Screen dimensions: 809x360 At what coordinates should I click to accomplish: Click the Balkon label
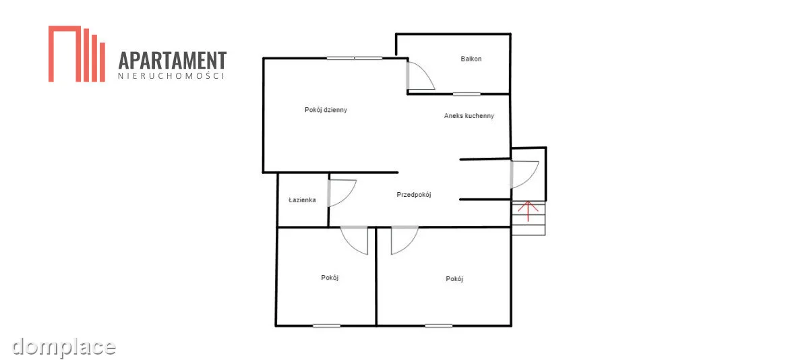tap(471, 59)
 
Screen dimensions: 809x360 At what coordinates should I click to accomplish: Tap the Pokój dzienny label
tap(326, 110)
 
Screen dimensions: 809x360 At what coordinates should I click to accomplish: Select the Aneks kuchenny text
tap(469, 116)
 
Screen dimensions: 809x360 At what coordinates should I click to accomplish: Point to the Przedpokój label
tap(414, 195)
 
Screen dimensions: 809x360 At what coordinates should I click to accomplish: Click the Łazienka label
tap(302, 200)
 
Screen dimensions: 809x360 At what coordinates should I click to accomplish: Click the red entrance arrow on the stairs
tap(528, 211)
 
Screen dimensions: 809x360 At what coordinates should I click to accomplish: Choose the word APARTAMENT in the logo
tap(173, 60)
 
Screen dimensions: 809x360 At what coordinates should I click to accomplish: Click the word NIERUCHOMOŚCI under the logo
tap(171, 76)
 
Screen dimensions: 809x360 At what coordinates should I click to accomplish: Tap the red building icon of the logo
tap(77, 54)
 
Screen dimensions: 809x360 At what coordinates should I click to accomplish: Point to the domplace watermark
tap(63, 348)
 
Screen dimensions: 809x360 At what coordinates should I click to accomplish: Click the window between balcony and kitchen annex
tap(467, 94)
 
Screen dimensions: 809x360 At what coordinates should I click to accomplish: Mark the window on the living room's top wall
tap(355, 58)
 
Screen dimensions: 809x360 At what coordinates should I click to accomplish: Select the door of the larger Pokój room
tap(404, 240)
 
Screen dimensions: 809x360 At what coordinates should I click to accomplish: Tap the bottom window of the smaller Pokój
tap(326, 326)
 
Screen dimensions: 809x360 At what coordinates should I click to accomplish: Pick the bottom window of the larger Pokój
tap(439, 326)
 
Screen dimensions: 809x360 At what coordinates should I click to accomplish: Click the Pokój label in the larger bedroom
tap(454, 278)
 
